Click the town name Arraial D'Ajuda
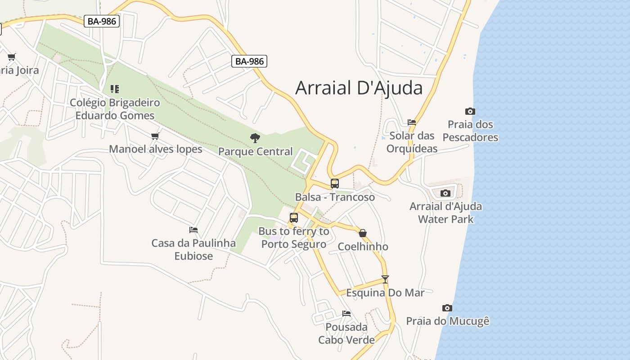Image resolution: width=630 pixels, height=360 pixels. point(359,88)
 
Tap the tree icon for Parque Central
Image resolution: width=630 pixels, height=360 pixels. point(255,138)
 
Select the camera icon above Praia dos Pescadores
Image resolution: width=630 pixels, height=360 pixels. point(470,111)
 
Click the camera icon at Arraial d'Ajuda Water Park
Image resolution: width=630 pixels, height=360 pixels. point(445,193)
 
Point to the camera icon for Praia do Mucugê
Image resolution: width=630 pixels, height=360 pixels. point(447,308)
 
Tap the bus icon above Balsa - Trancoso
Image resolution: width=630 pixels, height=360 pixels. point(334,184)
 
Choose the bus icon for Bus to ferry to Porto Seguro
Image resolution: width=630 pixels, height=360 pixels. point(294,218)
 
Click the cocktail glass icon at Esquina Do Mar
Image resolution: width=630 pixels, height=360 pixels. point(385,279)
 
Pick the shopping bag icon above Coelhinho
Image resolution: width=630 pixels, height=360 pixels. point(363,233)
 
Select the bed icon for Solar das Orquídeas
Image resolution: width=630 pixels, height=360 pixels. point(411,122)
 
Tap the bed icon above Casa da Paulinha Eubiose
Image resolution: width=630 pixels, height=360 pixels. point(193,229)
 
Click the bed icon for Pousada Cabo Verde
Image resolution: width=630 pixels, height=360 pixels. point(346,313)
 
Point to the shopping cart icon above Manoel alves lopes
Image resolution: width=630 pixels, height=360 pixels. point(155,136)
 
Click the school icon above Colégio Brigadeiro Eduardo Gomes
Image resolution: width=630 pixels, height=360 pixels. point(115,89)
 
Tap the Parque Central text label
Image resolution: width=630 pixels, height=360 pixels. point(255,152)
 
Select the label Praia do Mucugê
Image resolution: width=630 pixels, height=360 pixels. point(447,321)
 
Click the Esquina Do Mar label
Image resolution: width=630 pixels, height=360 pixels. point(385,293)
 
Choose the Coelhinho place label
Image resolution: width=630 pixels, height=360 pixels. point(363,247)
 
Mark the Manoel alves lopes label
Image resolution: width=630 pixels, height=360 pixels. point(155,149)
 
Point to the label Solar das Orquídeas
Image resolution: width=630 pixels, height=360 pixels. point(412,142)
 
